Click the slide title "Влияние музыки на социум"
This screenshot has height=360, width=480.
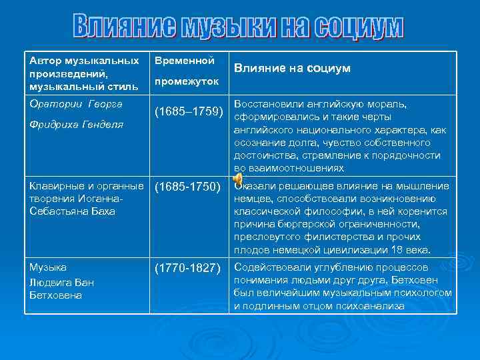[x=238, y=26]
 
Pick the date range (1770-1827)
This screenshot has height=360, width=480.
[x=188, y=268]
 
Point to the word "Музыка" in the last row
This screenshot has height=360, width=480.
[x=48, y=267]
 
